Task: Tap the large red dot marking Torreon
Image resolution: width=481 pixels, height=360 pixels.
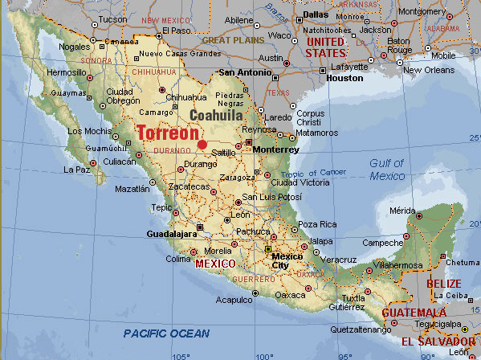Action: coord(202,145)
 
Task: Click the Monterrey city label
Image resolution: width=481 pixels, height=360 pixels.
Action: coord(275,150)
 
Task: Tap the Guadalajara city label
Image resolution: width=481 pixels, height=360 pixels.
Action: coord(172,234)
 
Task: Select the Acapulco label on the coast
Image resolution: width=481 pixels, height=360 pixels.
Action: coord(234,300)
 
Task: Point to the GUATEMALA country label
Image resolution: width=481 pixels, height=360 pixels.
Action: coord(413,313)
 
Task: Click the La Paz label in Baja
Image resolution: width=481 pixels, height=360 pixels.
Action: coord(76,170)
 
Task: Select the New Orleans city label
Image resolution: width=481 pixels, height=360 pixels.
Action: coord(434,70)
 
